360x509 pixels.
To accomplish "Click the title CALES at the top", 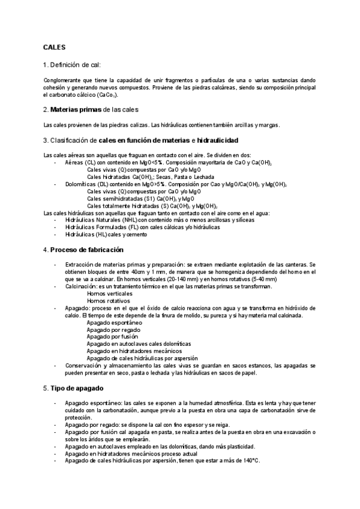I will [54, 47].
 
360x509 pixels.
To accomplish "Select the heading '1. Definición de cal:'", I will [72, 64].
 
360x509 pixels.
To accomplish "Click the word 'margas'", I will [268, 125].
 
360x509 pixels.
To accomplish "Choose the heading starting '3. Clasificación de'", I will [140, 140].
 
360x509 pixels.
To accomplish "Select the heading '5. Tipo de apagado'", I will [73, 388].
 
